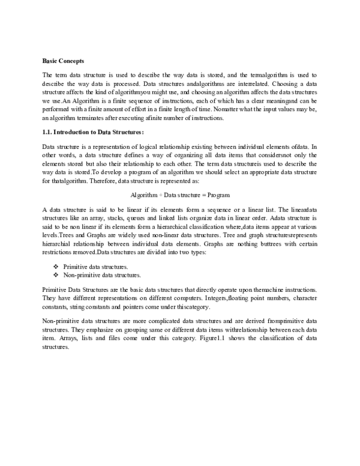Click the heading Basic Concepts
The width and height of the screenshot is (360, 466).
tap(63, 61)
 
